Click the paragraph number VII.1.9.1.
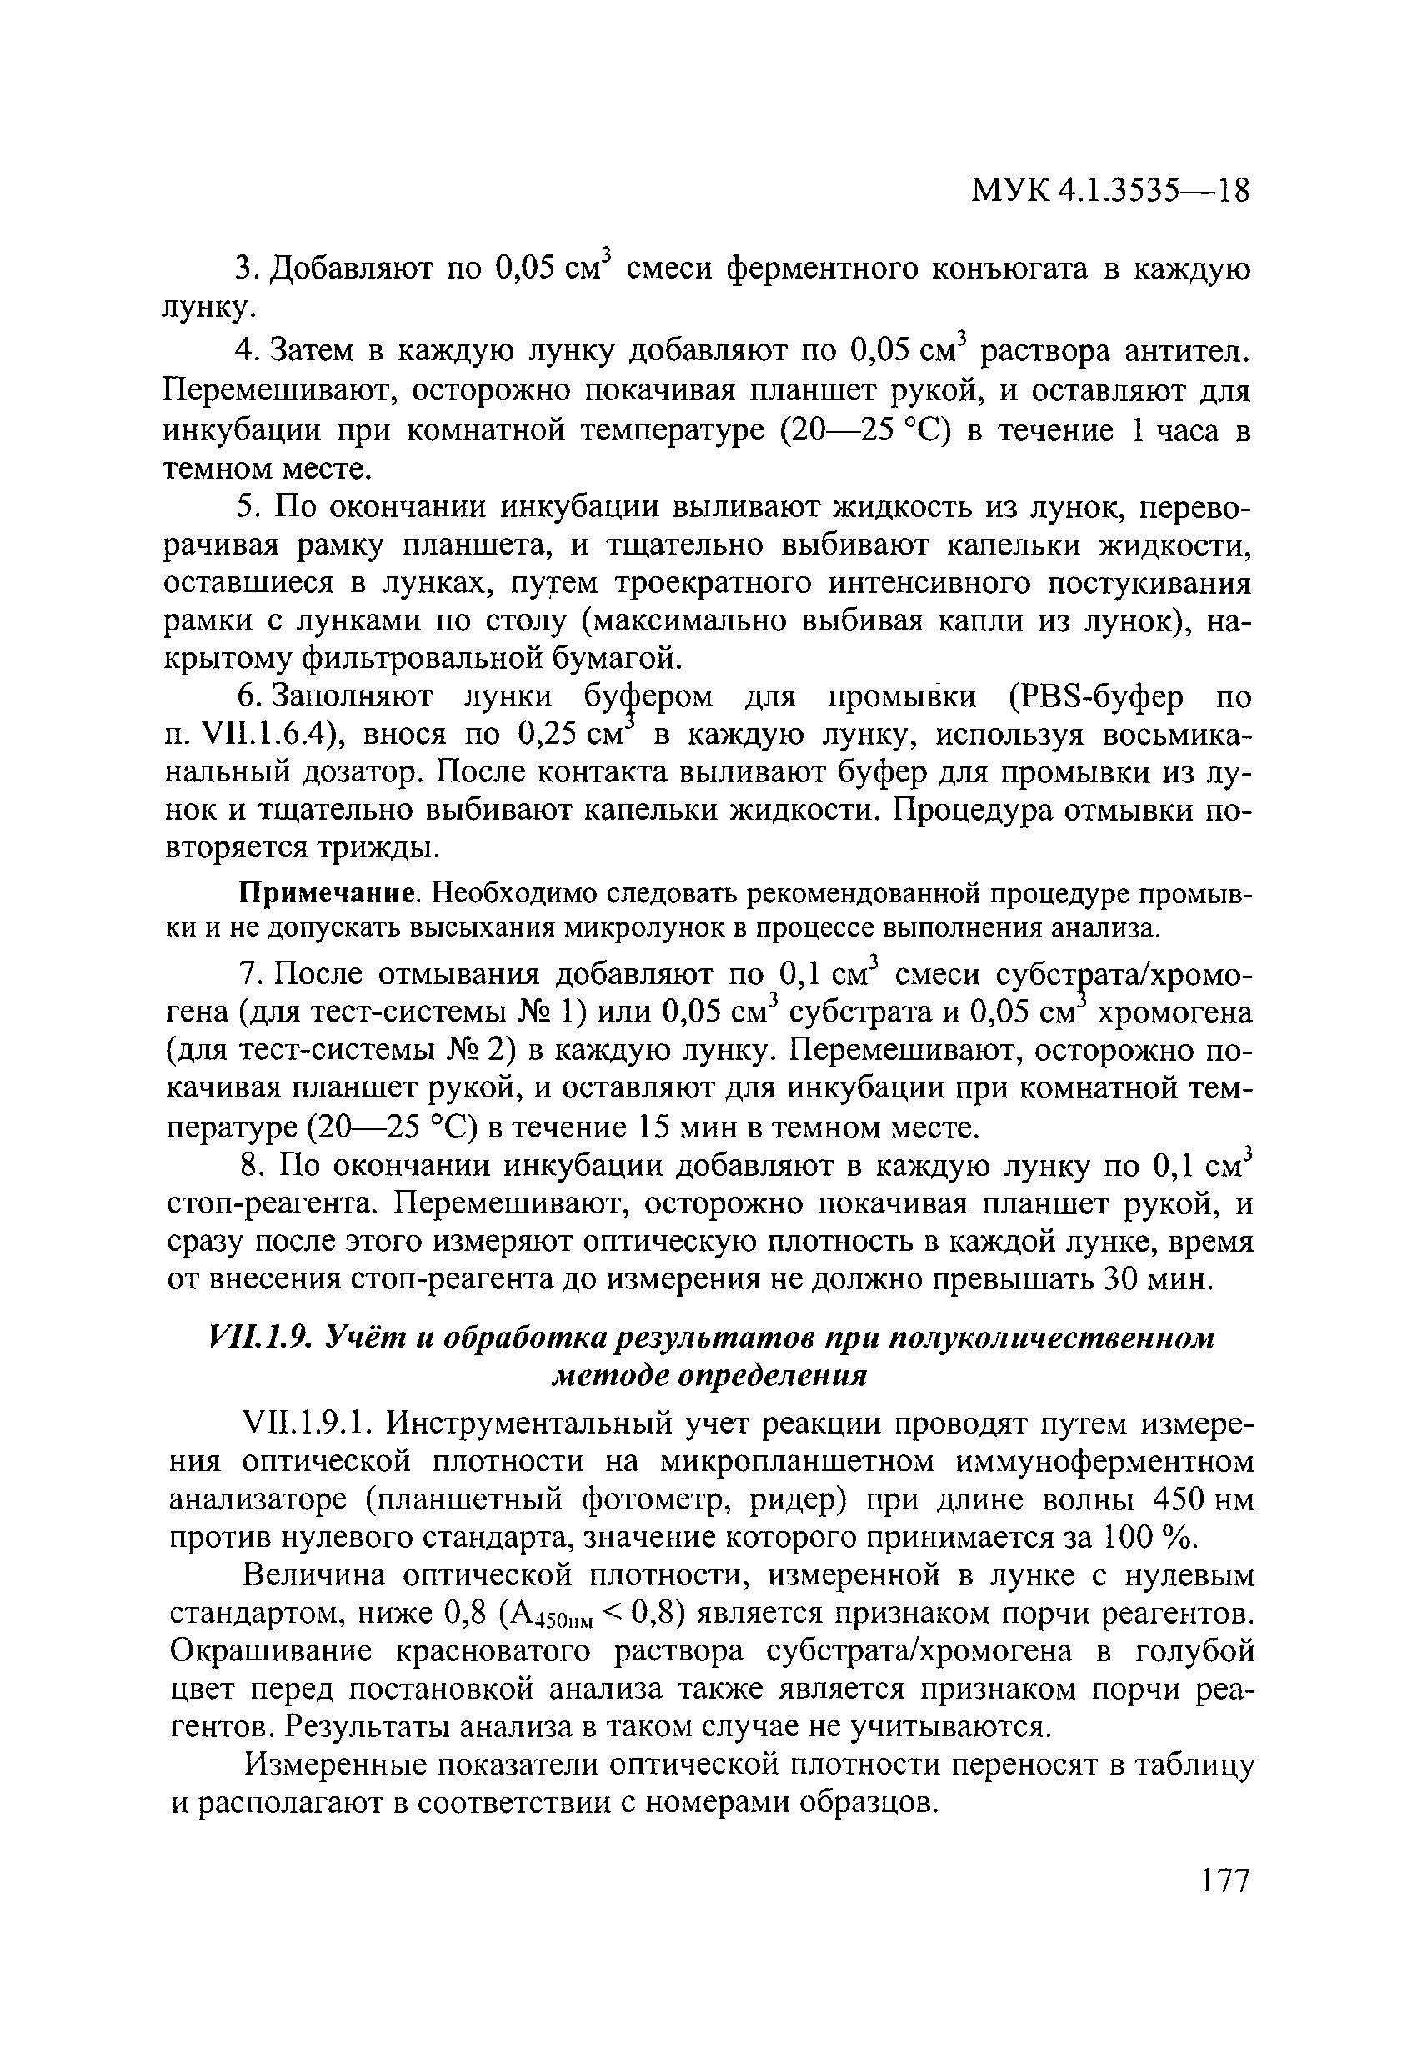coord(306,1424)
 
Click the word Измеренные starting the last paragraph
coord(333,1765)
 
